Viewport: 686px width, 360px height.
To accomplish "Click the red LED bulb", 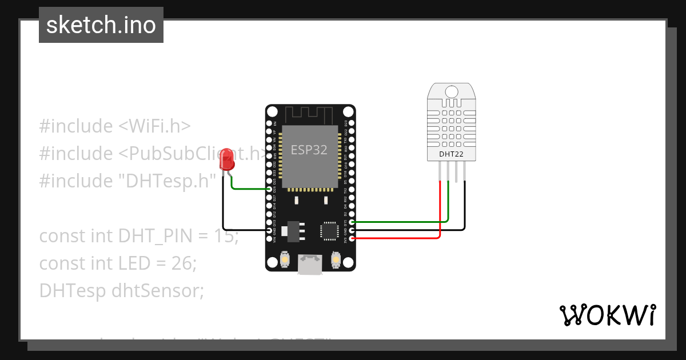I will [x=228, y=159].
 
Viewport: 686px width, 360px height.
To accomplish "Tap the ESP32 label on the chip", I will [x=309, y=150].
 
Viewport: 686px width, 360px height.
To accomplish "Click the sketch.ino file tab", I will [x=101, y=25].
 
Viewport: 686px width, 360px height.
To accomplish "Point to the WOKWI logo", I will [x=607, y=315].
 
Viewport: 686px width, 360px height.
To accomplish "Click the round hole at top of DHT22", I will [x=451, y=91].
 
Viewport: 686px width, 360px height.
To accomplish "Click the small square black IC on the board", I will [x=330, y=230].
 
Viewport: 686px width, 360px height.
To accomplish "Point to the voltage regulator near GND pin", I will [x=295, y=229].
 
